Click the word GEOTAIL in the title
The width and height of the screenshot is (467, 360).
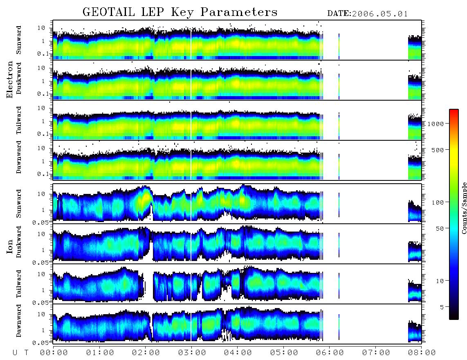108,12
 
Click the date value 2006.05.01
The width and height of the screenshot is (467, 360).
380,14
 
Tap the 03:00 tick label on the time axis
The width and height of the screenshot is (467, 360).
192,353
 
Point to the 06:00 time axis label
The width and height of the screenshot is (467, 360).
330,353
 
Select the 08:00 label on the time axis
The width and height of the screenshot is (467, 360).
422,353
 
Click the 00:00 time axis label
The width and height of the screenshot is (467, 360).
54,353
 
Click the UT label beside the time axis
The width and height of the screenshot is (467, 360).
20,353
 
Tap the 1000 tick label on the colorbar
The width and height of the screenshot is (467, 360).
436,124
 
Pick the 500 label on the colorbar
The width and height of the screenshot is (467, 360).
438,150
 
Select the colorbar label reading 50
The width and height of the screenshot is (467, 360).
440,229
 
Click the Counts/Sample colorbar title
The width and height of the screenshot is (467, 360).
464,208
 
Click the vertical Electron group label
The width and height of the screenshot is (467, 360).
10,80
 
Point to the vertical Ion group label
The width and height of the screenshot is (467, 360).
10,247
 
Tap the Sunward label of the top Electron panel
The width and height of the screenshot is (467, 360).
19,40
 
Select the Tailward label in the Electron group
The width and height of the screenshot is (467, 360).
19,120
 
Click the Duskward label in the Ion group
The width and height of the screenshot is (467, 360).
19,242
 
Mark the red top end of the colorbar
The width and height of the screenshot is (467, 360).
454,110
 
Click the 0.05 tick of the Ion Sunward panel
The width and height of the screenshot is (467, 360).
42,222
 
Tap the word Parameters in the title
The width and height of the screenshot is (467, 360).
239,12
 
